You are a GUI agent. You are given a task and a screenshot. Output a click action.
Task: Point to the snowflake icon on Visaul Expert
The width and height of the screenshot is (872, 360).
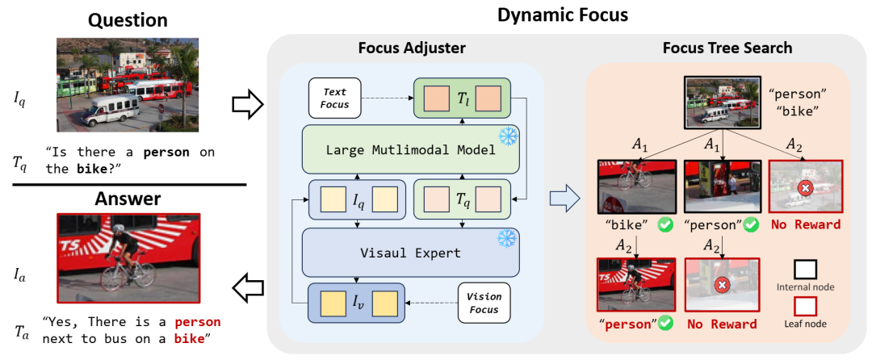pyautogui.click(x=507, y=239)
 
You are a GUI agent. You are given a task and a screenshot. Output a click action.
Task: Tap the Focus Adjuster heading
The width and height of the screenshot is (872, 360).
pyautogui.click(x=412, y=48)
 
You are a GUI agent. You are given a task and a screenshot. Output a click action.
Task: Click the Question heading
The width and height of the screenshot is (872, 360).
pyautogui.click(x=128, y=19)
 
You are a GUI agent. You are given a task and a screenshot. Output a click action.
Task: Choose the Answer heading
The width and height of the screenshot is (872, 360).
pyautogui.click(x=128, y=199)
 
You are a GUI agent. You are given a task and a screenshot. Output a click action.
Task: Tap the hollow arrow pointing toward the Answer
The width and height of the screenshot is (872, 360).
pyautogui.click(x=249, y=283)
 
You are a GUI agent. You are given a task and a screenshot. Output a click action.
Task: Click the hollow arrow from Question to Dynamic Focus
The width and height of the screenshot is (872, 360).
pyautogui.click(x=249, y=103)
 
